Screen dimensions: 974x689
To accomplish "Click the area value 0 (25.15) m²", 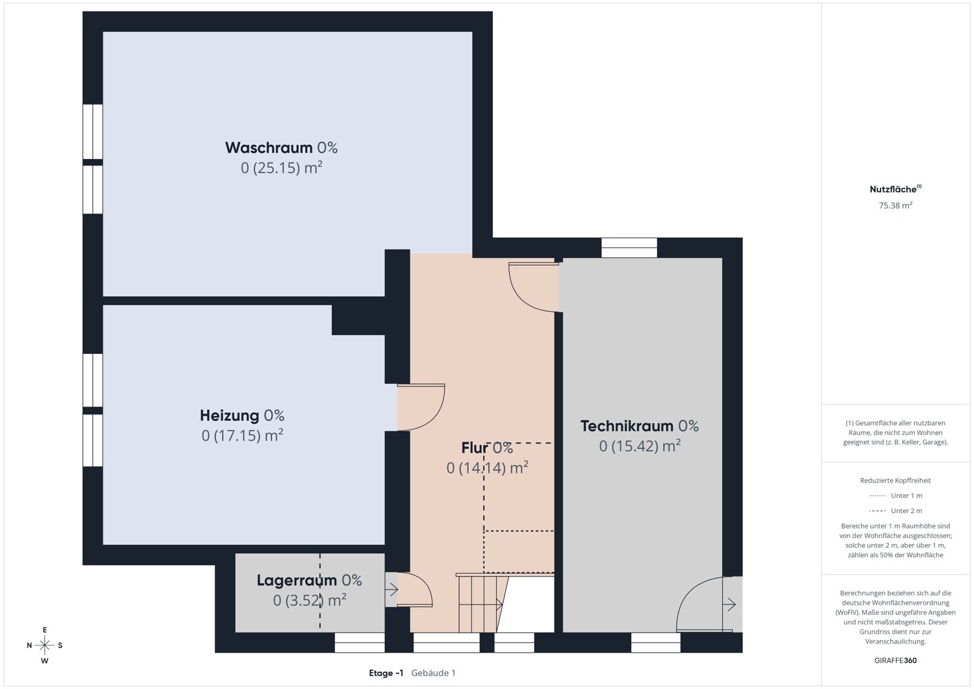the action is click(281, 168).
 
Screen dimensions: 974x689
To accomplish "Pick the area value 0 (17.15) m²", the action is click(242, 435).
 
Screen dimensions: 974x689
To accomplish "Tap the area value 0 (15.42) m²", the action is click(640, 446).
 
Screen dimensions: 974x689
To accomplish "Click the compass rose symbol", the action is click(45, 645).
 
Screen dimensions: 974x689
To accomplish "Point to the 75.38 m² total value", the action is click(895, 205).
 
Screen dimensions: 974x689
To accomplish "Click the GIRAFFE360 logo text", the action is click(895, 660).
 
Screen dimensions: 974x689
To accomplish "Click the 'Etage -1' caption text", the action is click(386, 673).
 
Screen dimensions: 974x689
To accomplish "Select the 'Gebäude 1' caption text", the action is click(433, 673).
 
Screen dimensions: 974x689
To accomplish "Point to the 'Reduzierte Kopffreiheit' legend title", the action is click(895, 480).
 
